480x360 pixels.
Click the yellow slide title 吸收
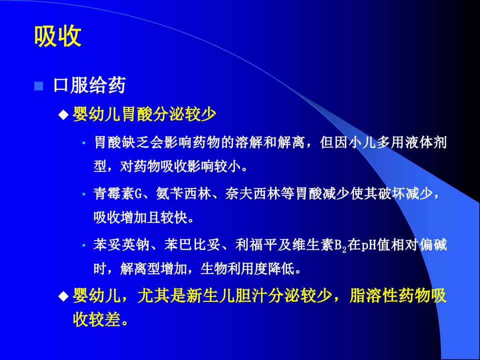[57, 36]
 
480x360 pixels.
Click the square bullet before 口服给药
[38, 86]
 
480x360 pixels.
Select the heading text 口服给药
[89, 86]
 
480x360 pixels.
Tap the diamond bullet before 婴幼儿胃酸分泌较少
[63, 115]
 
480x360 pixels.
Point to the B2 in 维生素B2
[340, 246]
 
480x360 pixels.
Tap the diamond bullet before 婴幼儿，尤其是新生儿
[63, 296]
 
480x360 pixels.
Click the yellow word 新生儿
[215, 295]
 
